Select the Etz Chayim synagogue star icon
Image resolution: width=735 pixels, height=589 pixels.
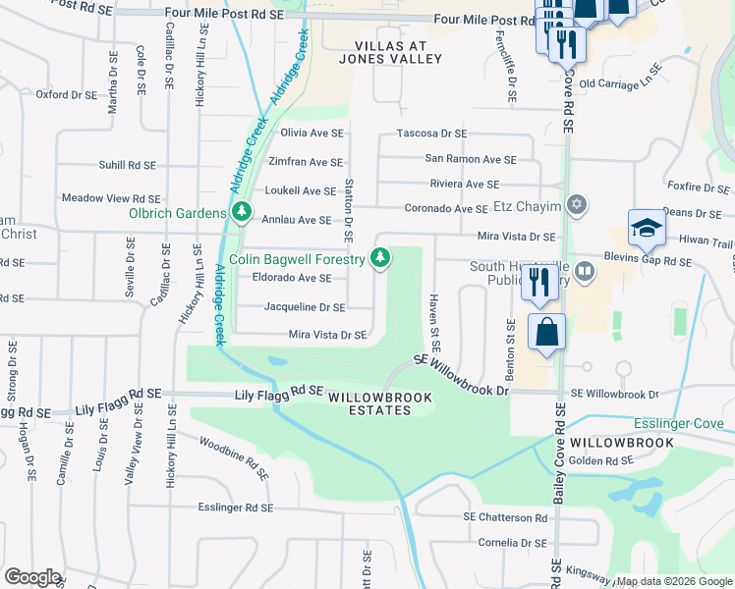578,206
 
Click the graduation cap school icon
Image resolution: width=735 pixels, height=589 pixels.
648,228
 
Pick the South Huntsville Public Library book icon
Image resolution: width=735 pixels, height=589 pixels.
585,269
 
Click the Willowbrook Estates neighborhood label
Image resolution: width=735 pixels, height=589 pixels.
368,402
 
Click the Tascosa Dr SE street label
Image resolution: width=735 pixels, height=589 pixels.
431,133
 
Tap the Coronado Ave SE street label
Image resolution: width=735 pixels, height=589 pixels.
446,209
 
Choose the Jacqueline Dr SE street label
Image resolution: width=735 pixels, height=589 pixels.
305,307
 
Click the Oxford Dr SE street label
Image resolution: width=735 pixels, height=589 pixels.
66,95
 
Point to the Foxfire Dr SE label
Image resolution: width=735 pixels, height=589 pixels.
691,185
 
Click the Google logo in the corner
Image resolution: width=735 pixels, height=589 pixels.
32,577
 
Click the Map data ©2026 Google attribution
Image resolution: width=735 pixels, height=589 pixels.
674,581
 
